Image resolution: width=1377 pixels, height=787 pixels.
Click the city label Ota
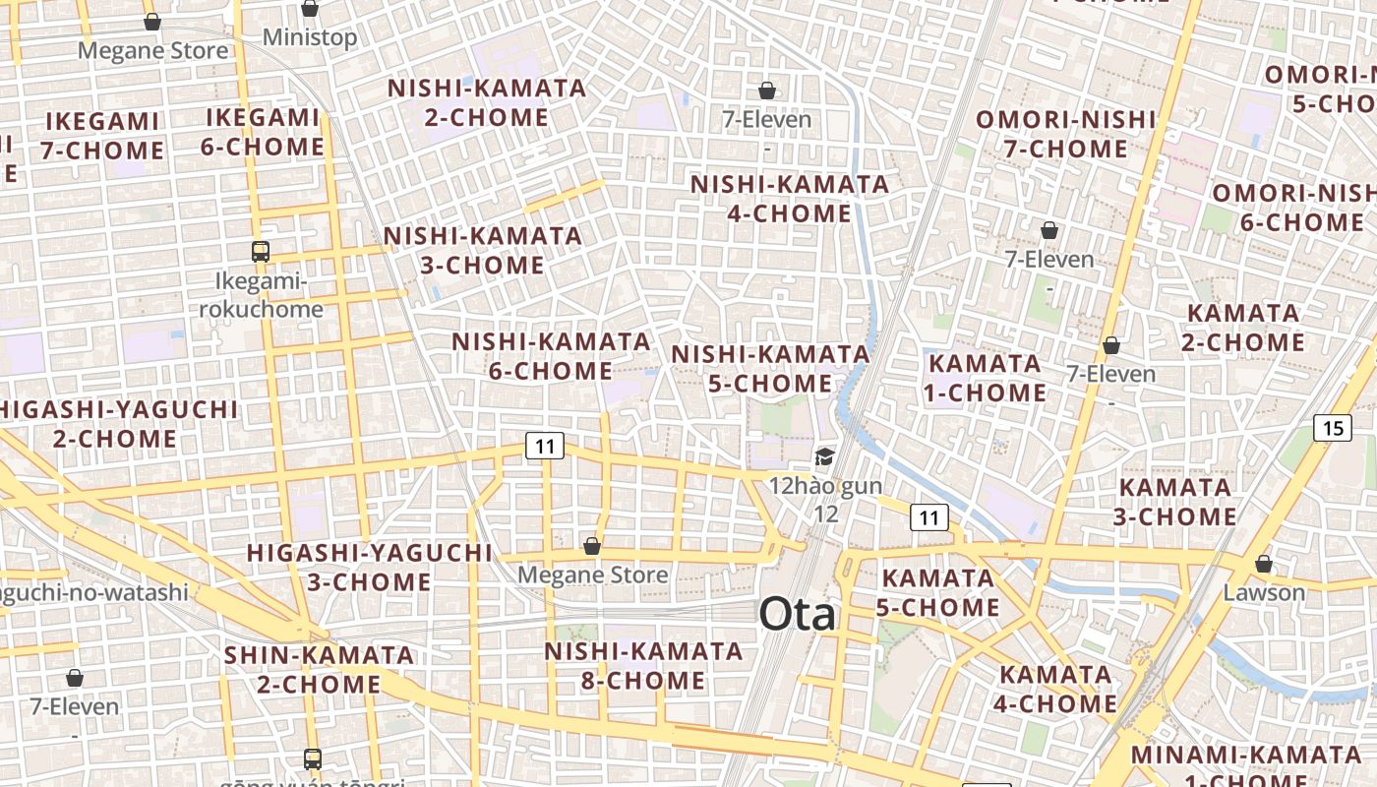point(798,615)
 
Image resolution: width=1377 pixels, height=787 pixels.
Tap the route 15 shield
point(1333,428)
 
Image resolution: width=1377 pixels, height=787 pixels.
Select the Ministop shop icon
point(310,9)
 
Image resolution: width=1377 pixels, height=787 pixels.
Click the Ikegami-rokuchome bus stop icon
point(260,252)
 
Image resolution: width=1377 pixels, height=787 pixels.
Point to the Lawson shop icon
point(1264,564)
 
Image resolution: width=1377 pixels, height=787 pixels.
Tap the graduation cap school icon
point(824,456)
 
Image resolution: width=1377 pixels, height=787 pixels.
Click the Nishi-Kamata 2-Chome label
point(487,102)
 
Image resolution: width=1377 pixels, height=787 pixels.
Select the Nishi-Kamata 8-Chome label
point(644,666)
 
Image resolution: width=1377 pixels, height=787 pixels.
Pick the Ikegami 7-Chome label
point(102,137)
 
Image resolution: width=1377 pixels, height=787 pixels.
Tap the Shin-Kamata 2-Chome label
point(319,669)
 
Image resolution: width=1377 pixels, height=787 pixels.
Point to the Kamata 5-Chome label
point(938,592)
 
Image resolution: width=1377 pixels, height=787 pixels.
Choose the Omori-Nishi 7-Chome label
point(1066,134)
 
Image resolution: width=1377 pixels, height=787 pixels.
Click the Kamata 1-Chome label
point(987,378)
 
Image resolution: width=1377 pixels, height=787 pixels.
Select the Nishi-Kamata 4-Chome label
point(790,199)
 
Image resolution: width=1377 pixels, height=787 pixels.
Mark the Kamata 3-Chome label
point(1175,502)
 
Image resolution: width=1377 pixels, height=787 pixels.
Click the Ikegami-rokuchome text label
point(262,296)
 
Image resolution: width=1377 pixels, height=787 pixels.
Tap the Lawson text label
point(1264,593)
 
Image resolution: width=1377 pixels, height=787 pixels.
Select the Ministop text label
point(310,38)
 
